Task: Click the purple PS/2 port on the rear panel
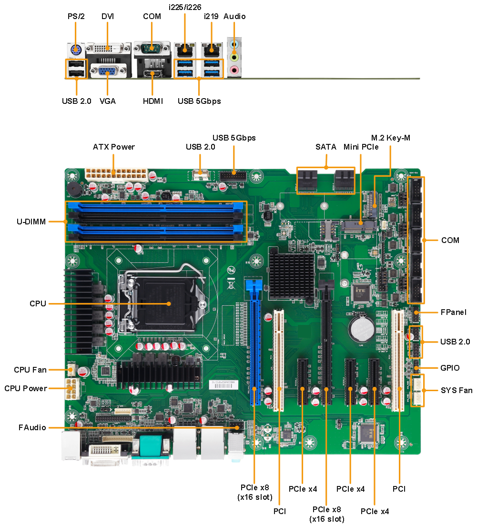pos(76,51)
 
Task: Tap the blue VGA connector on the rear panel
pos(107,71)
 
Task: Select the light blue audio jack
pos(234,44)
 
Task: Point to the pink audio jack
pos(234,70)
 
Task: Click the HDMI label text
pos(153,101)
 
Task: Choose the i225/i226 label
pos(185,7)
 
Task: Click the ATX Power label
pos(114,147)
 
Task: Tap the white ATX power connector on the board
pos(116,175)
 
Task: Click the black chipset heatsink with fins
pos(292,276)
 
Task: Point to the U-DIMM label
pos(31,222)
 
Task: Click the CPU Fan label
pos(30,370)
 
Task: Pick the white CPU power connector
pos(72,389)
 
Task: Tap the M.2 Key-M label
pos(390,138)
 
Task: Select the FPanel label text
pos(454,313)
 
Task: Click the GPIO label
pos(450,368)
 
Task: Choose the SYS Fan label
pos(457,391)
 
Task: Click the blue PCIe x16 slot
pos(255,342)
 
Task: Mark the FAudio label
pos(32,427)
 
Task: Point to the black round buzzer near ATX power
pos(74,190)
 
